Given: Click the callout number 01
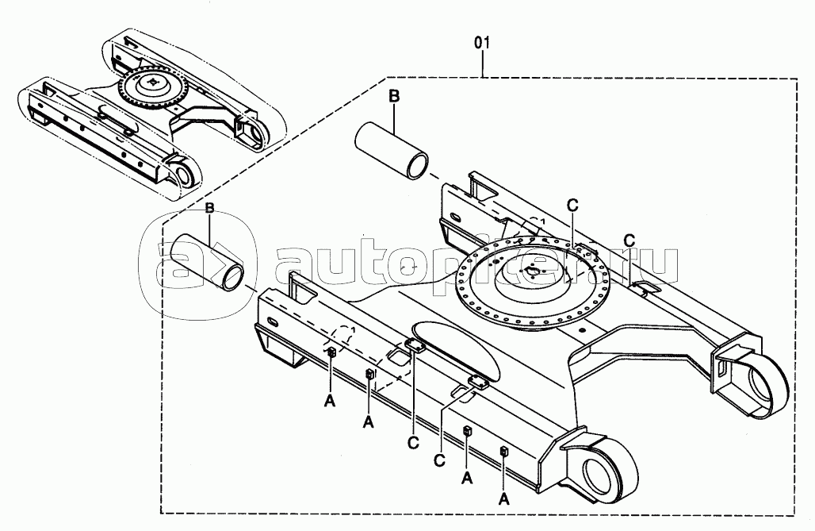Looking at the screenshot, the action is click(x=482, y=43).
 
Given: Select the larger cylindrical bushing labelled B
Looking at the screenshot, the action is click(x=392, y=151).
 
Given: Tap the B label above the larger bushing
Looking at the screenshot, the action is click(x=394, y=96).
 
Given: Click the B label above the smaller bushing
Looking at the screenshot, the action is click(x=209, y=208).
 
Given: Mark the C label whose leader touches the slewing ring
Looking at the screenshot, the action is click(x=572, y=206).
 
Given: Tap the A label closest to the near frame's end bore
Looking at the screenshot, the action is click(x=503, y=499).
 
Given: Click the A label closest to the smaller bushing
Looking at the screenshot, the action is click(x=330, y=401).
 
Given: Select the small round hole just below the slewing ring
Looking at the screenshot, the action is click(x=581, y=330).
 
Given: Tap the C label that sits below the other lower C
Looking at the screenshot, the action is click(x=440, y=461).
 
